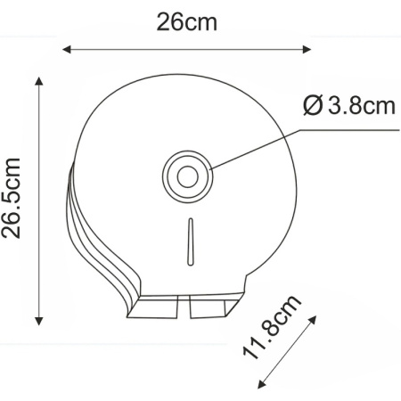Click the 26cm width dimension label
pos(186,21)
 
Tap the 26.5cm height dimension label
pos(12,199)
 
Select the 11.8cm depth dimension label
pos(274,325)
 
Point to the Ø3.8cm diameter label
pos(348,107)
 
